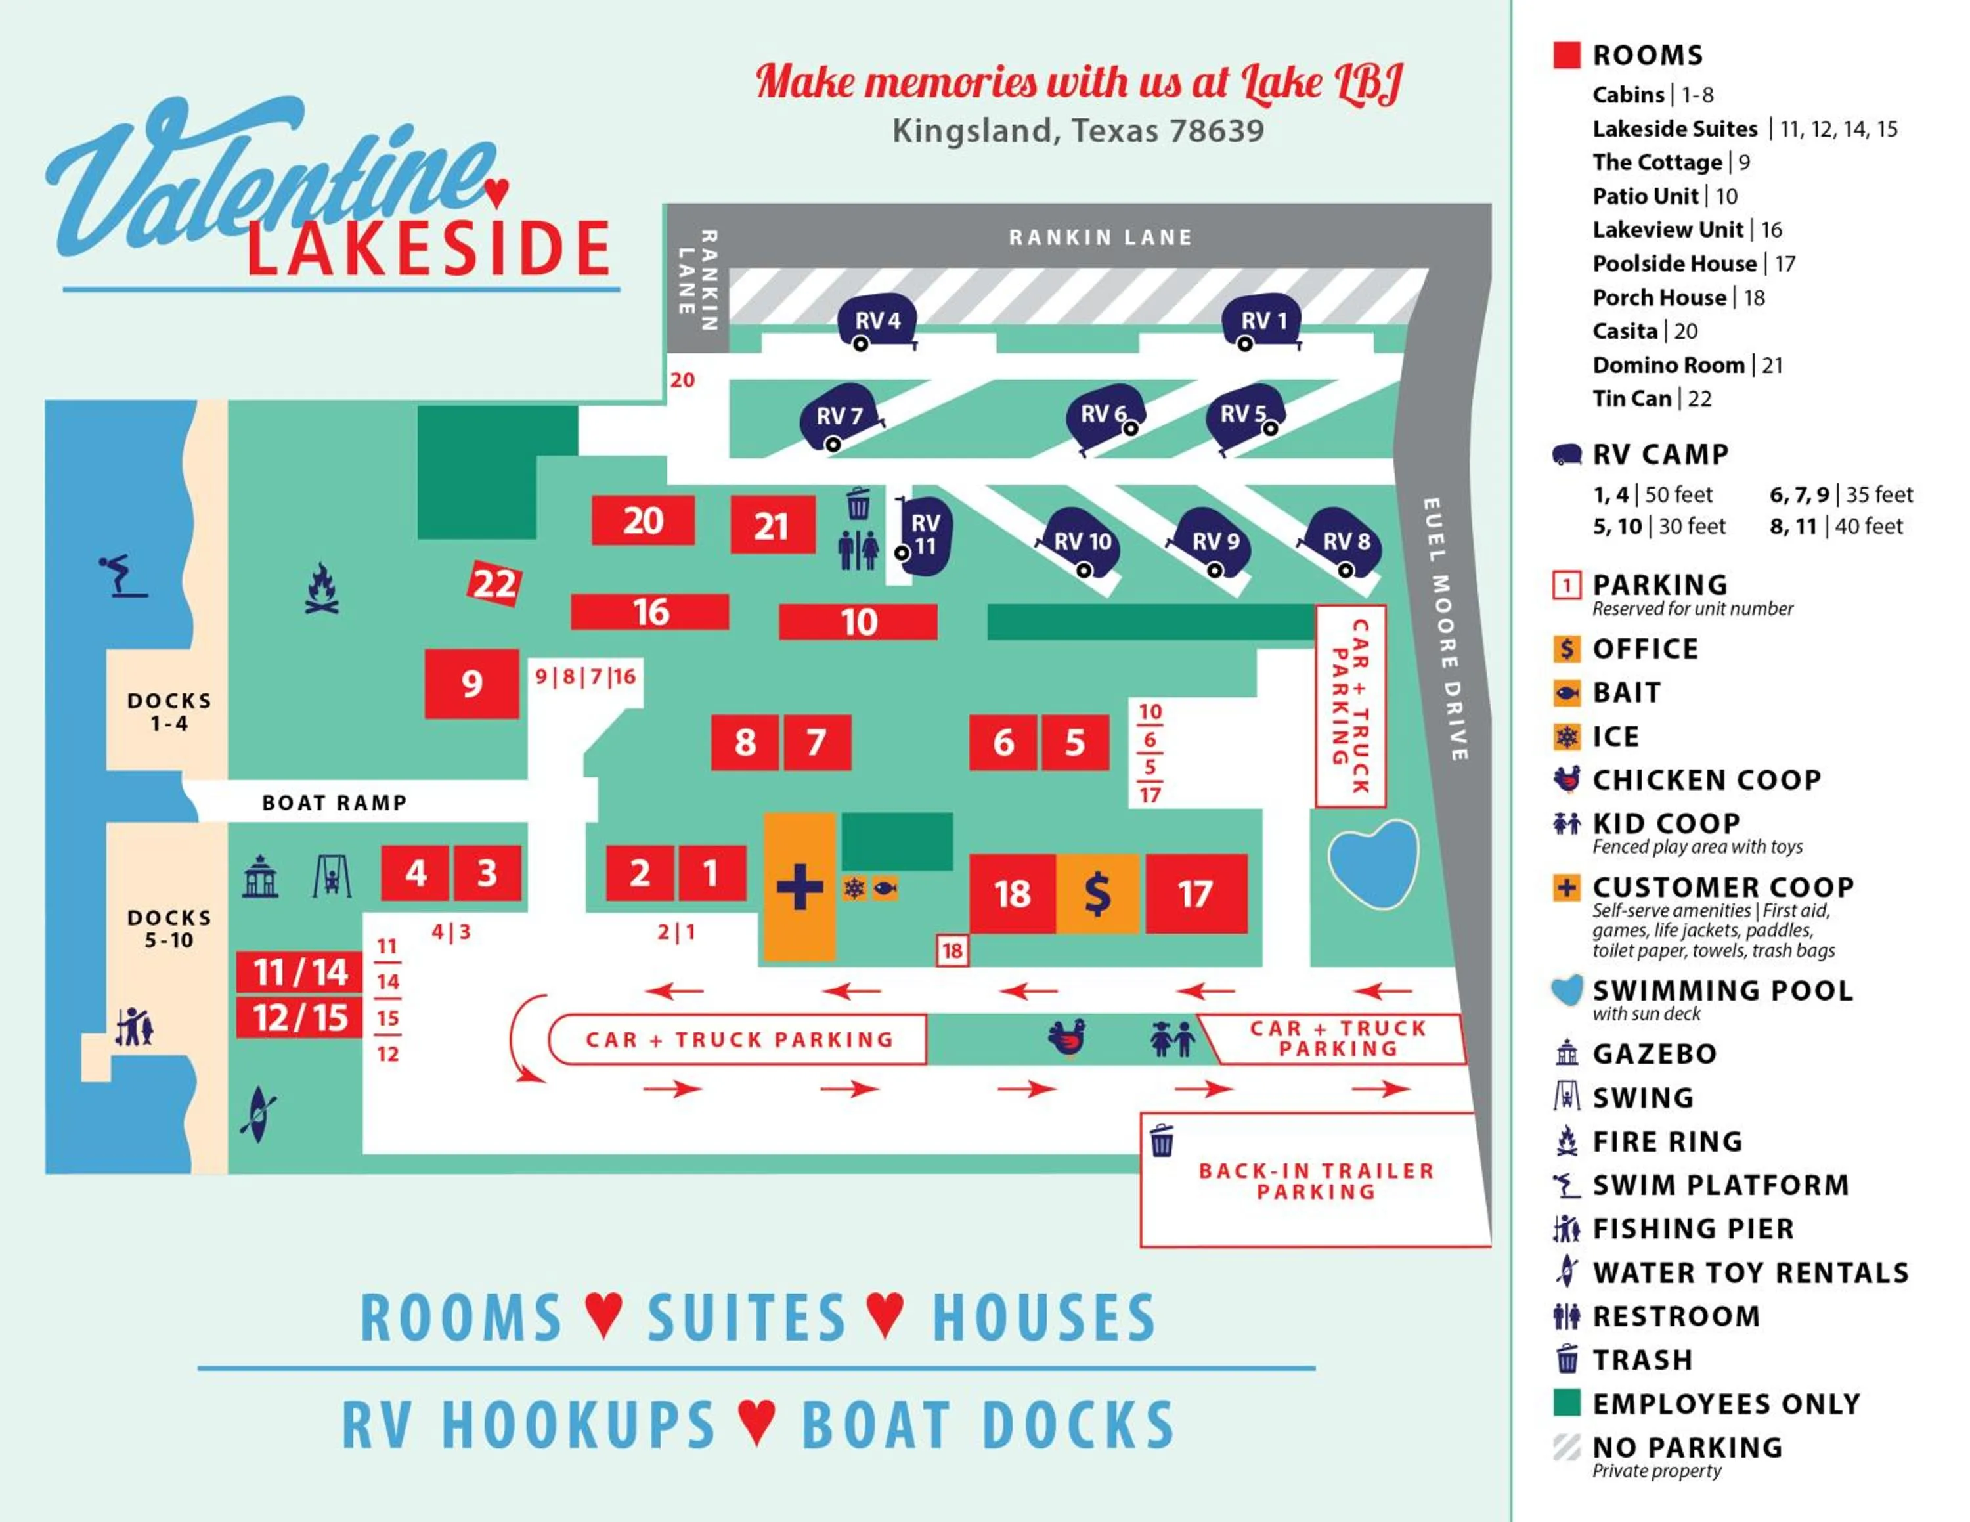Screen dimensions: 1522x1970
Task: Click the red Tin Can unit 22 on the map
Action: (494, 583)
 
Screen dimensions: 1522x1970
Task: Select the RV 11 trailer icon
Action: (925, 536)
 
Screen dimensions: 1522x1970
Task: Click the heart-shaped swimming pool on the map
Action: (1373, 861)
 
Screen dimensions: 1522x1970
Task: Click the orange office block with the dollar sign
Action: (1097, 894)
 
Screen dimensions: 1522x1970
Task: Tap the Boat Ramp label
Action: (334, 802)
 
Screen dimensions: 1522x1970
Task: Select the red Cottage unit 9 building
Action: (471, 684)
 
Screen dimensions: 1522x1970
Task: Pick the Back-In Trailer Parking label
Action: (1316, 1181)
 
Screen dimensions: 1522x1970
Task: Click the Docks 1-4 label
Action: (169, 711)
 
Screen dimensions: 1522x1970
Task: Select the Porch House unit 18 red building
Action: (1011, 894)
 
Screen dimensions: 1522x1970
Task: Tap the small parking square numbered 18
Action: (952, 950)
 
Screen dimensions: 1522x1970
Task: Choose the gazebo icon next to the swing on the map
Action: (260, 877)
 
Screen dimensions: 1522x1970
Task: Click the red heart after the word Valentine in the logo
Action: (496, 191)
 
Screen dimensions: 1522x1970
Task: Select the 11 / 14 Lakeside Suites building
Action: (299, 972)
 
